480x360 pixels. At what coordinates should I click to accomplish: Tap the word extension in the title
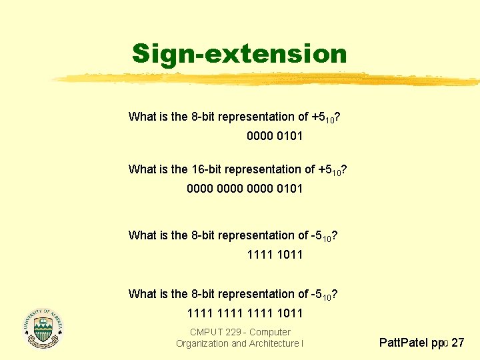tap(273, 53)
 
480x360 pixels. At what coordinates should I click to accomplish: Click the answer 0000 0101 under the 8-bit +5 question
tap(274, 136)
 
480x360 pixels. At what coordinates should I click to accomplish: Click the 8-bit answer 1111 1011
tap(274, 254)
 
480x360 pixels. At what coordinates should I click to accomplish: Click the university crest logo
tap(43, 327)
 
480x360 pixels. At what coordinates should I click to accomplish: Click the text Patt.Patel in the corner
tap(404, 343)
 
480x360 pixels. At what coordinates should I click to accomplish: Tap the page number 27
tap(458, 343)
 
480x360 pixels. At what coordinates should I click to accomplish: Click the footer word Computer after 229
tap(270, 332)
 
